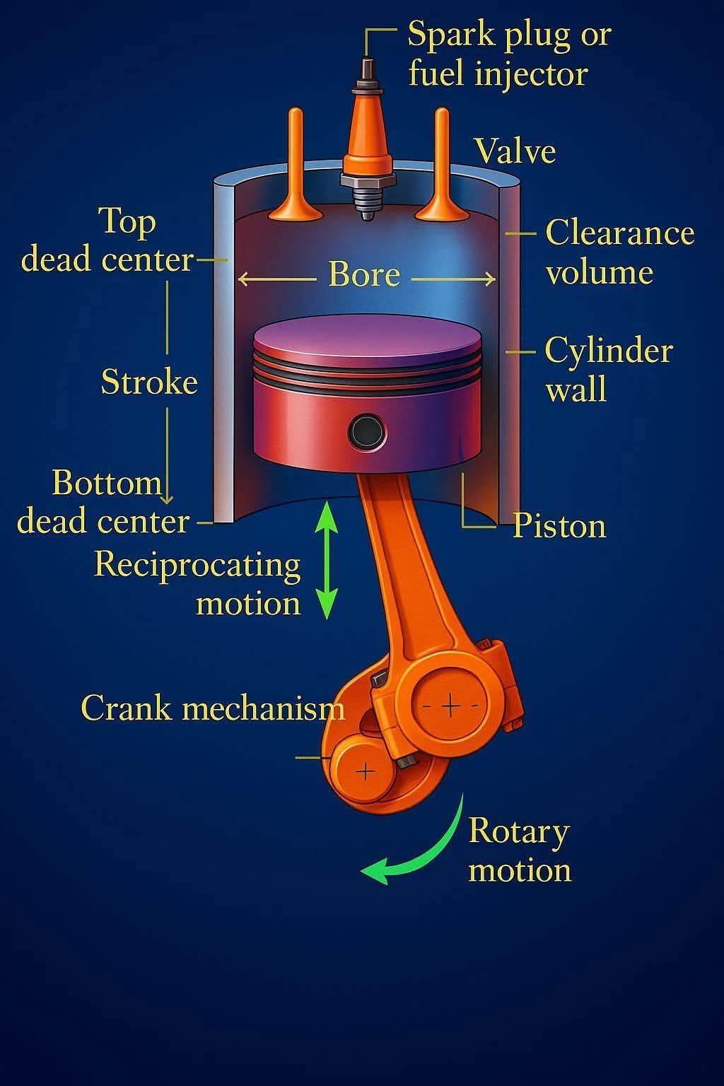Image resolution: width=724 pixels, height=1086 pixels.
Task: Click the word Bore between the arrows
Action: pos(364,274)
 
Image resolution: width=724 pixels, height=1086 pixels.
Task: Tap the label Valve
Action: pos(515,151)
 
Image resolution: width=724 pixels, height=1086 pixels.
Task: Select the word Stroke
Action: pos(149,382)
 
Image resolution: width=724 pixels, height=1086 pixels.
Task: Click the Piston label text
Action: pos(559,525)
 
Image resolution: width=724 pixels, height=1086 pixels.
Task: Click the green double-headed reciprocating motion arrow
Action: pos(327,560)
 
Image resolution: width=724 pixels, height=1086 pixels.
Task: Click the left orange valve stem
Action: pos(296,155)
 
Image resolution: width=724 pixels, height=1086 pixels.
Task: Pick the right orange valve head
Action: pos(443,211)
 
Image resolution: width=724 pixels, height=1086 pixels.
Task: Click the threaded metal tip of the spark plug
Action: pos(367,203)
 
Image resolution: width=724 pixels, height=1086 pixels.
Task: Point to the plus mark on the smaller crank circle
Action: pos(366,771)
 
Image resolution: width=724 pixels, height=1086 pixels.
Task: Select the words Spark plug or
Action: pos(509,35)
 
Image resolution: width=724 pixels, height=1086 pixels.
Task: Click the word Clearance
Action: pos(620,233)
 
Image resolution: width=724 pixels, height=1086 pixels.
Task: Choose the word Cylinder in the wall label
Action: pos(609,351)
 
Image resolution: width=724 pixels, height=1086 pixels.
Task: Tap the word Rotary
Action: pos(519,832)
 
